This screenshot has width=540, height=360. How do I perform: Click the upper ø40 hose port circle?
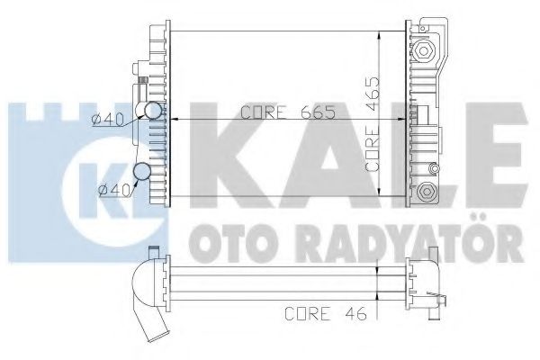pos(154,112)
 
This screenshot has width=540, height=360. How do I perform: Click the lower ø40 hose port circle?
pos(141,173)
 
